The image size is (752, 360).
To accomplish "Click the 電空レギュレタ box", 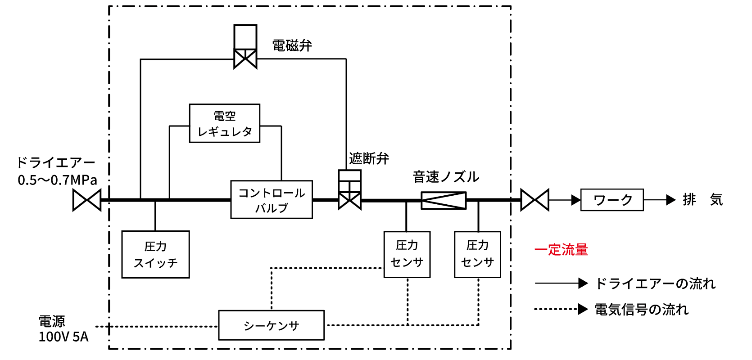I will click(224, 123).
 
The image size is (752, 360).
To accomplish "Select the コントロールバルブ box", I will click(271, 200).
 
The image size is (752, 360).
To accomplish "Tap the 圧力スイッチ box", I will click(155, 254).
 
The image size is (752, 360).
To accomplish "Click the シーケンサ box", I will click(271, 325).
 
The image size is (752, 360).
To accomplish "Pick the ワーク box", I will click(612, 200).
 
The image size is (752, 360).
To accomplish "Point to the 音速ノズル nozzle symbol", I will click(444, 200).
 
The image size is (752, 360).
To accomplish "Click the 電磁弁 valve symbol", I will click(245, 58).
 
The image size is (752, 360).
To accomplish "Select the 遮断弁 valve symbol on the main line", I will click(349, 200).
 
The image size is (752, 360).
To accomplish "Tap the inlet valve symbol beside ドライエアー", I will click(87, 200).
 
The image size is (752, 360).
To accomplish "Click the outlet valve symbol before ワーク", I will click(535, 200).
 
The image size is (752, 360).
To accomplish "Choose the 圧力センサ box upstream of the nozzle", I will click(407, 254).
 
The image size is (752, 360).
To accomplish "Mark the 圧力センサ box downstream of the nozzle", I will click(477, 254).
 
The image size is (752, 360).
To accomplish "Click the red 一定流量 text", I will click(561, 250).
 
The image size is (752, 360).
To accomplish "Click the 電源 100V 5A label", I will click(63, 329).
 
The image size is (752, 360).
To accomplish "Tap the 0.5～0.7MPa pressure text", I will click(57, 180).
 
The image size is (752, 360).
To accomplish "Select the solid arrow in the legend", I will click(561, 283).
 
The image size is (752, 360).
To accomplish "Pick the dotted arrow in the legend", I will click(561, 309).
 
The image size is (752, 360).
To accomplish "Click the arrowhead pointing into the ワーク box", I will click(576, 200).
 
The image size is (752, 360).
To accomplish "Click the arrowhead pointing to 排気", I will click(671, 200).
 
